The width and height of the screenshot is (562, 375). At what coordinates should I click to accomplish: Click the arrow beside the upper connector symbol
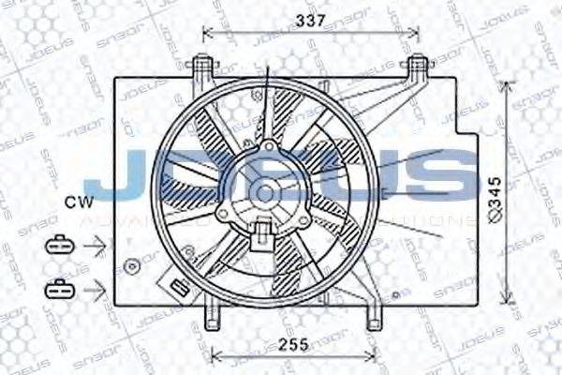pyautogui.click(x=94, y=246)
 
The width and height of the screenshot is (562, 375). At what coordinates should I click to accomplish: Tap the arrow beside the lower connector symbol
pyautogui.click(x=94, y=287)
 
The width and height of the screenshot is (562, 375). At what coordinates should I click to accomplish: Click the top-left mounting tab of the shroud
pyautogui.click(x=200, y=67)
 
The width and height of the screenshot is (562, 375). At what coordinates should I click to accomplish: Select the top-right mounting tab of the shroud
pyautogui.click(x=415, y=67)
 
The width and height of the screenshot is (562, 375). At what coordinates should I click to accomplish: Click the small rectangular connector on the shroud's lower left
pyautogui.click(x=175, y=287)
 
